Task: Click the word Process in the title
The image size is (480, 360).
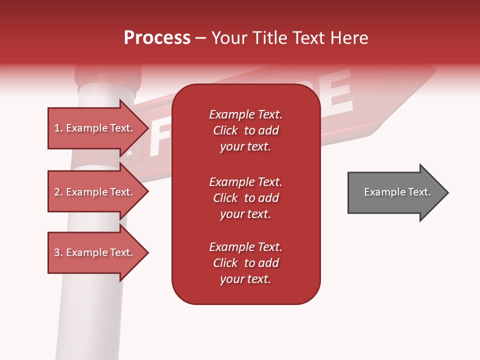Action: click(157, 38)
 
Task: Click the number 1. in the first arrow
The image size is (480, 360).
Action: click(58, 128)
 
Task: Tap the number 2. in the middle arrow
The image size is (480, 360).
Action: click(58, 192)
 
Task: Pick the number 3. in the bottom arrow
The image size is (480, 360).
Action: click(58, 252)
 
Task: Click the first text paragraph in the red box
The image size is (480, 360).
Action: click(245, 130)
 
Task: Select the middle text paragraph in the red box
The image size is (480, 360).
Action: click(245, 198)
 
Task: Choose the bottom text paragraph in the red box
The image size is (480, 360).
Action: click(245, 263)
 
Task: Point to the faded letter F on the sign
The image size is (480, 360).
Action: click(159, 137)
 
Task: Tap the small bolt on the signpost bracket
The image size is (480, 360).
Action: click(129, 154)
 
